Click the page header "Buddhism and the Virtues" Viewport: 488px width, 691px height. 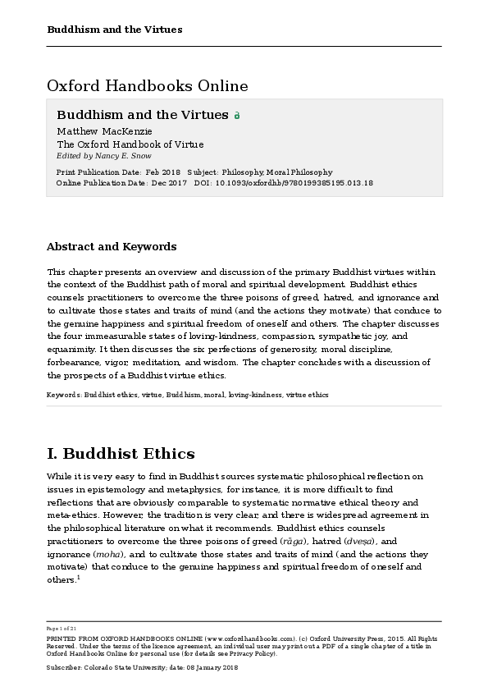point(114,30)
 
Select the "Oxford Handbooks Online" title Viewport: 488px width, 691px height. point(147,85)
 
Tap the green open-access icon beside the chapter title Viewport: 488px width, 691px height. point(237,116)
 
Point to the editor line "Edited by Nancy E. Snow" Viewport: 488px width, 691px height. point(103,155)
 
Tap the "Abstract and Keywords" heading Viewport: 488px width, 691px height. point(111,246)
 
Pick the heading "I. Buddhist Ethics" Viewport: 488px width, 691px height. point(121,453)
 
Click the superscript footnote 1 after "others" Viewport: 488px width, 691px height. point(78,577)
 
